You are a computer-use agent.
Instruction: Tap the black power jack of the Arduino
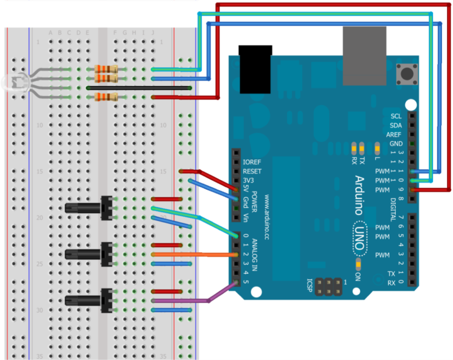click(x=255, y=70)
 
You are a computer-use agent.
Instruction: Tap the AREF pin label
click(x=395, y=134)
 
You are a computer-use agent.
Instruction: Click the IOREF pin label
click(x=252, y=161)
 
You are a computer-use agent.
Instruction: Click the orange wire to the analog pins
click(x=195, y=255)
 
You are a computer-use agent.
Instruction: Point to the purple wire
click(x=195, y=301)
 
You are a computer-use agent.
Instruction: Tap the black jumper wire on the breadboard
click(x=139, y=88)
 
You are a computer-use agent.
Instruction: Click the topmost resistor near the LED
click(x=106, y=70)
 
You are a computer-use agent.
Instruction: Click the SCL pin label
click(x=396, y=116)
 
